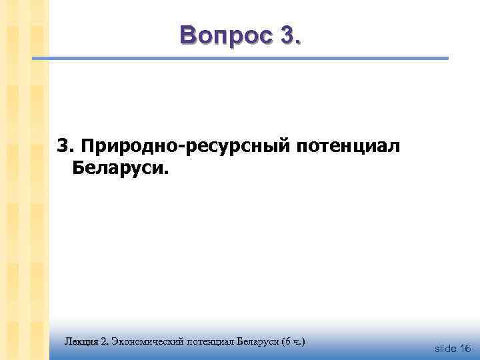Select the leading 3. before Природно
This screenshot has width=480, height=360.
coord(65,145)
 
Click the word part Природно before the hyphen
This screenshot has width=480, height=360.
coord(125,146)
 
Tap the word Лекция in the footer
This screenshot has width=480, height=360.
coord(81,341)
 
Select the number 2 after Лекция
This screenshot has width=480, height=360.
coord(104,341)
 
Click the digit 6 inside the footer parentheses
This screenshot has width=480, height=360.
coord(287,341)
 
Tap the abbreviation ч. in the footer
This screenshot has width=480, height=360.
coord(297,342)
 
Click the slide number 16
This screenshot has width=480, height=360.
coord(465,349)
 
